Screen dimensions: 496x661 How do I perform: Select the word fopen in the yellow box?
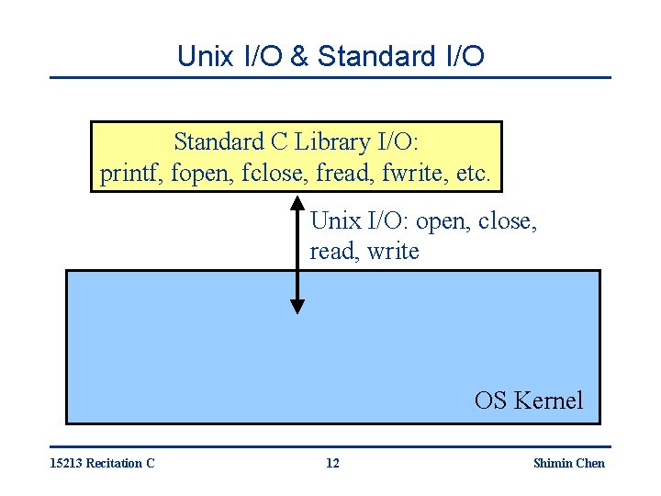194,172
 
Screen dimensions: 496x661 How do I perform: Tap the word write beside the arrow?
393,251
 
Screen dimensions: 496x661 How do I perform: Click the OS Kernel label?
528,400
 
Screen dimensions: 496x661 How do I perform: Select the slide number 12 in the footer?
332,463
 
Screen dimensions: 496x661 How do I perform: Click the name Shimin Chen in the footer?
568,463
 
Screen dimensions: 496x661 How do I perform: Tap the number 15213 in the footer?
66,463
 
